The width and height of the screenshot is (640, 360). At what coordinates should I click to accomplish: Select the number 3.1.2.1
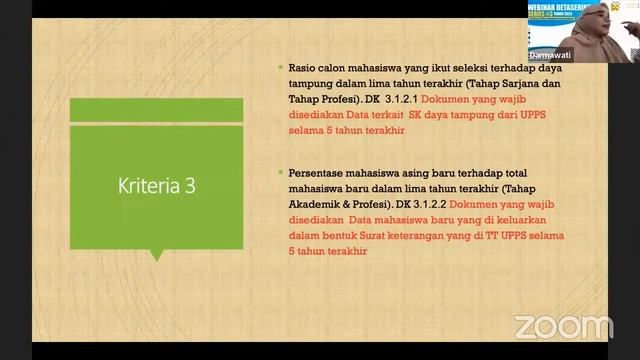point(397,100)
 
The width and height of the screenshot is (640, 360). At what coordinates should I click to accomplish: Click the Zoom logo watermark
point(562,326)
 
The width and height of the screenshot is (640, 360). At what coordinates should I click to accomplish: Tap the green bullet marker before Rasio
point(281,68)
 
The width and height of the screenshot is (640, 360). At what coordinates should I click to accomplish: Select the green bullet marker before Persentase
point(281,172)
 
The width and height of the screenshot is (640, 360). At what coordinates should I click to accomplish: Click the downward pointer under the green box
point(156,256)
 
